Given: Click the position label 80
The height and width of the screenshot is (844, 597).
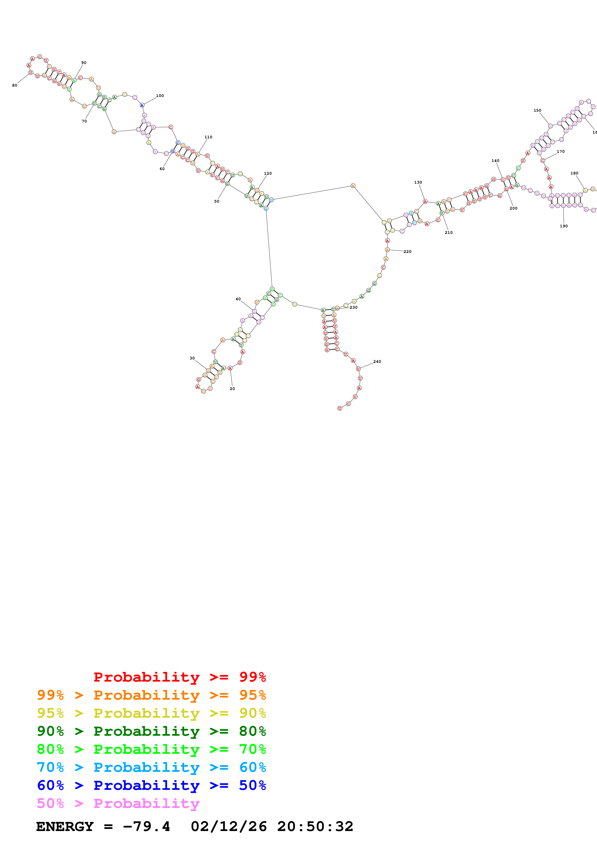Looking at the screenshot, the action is (x=15, y=85).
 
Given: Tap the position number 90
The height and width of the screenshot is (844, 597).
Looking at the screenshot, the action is (x=84, y=63).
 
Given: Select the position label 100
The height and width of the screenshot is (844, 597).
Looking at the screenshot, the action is (x=160, y=96).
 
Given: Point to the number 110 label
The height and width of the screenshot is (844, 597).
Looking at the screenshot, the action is (x=208, y=137).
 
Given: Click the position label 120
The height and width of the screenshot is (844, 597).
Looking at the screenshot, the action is (x=268, y=173).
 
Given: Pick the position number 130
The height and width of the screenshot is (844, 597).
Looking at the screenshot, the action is (x=418, y=182).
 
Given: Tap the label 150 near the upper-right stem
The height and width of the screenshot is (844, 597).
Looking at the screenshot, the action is (x=538, y=110).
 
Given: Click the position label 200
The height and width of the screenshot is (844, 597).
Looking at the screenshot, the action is (x=513, y=208).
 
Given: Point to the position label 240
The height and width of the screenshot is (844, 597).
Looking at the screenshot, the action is (x=377, y=362).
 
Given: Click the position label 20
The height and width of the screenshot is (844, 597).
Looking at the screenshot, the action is (x=232, y=389).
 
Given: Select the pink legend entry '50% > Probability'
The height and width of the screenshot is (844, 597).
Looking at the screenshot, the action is (x=118, y=804).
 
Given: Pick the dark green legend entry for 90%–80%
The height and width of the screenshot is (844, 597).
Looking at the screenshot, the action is (x=151, y=731).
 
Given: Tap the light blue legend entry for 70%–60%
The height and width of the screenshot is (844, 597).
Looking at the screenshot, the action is (x=151, y=767).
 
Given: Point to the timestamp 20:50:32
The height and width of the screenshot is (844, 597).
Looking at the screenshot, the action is (x=315, y=827).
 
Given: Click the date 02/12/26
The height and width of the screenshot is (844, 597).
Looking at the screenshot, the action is (x=229, y=827).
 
